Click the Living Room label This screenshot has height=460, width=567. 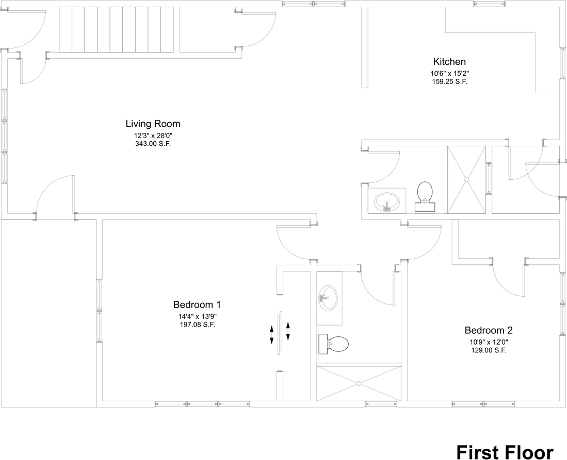click(x=153, y=124)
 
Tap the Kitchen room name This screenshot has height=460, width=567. click(x=449, y=61)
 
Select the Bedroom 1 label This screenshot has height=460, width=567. click(x=197, y=304)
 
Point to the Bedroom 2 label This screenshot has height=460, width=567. click(x=489, y=330)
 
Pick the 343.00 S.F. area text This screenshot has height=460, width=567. click(x=153, y=144)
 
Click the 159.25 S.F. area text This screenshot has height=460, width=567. click(x=450, y=81)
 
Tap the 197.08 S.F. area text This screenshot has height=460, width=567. click(x=198, y=325)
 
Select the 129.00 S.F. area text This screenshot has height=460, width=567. click(x=489, y=350)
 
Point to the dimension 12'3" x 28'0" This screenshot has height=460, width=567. click(x=153, y=136)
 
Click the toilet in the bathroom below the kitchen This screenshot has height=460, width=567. click(x=425, y=196)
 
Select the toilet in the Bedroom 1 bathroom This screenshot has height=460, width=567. click(x=333, y=344)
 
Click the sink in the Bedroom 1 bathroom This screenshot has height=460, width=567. click(x=328, y=298)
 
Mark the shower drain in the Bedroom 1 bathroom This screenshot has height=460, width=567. click(x=359, y=383)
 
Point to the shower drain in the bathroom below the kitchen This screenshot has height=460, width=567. click(x=466, y=179)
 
